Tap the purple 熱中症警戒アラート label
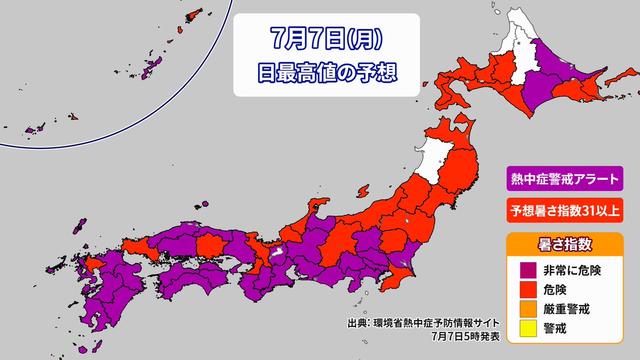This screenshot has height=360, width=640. click(x=564, y=179)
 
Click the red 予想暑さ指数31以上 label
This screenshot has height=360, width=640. click(x=564, y=211)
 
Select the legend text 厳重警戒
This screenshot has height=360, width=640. click(x=572, y=309)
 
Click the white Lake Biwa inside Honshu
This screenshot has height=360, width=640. click(x=277, y=253)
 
